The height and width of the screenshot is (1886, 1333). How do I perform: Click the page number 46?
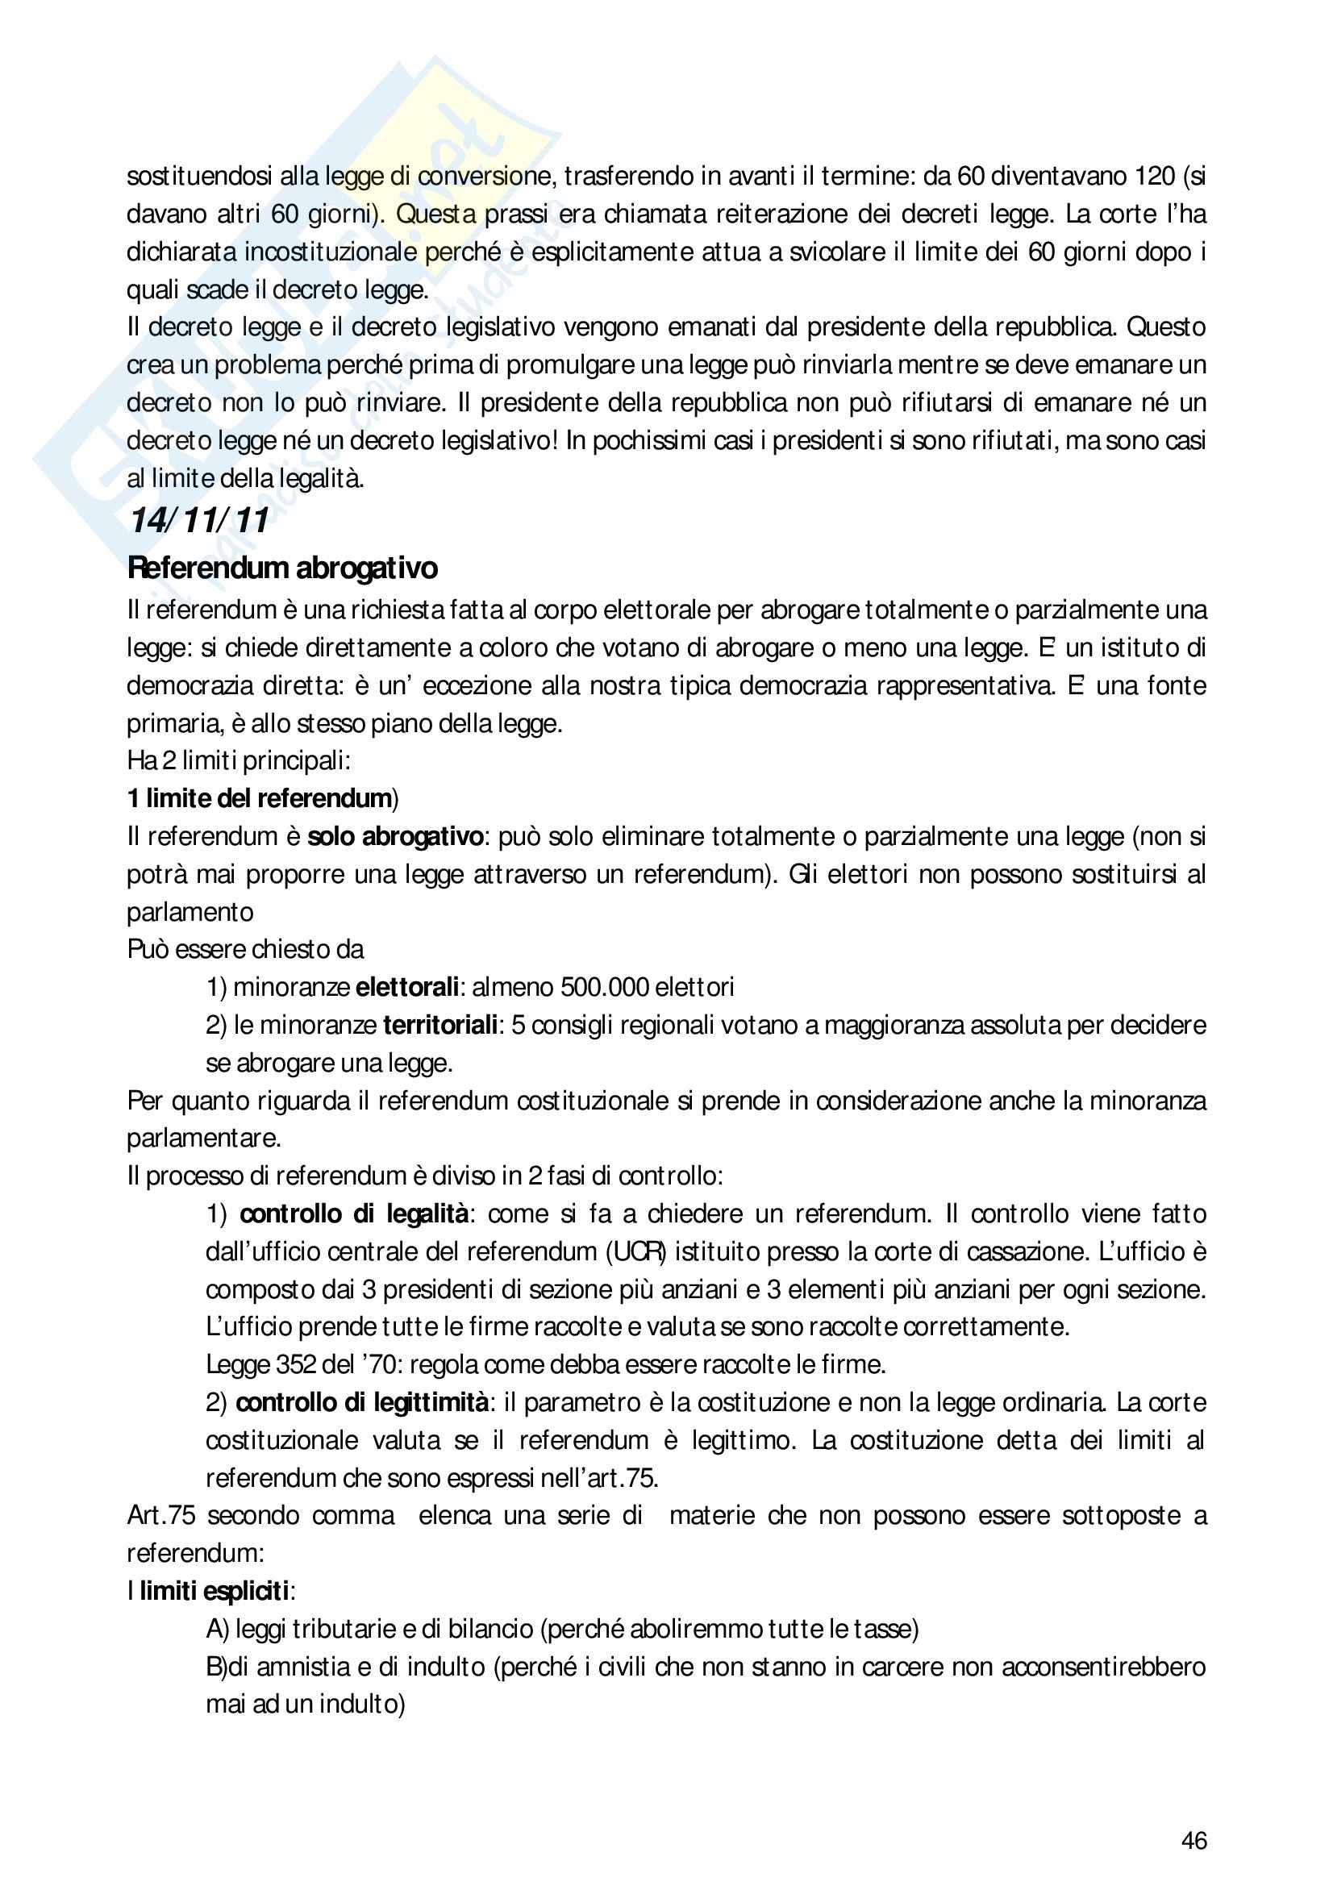coord(1193,1841)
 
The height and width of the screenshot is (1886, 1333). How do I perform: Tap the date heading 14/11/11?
coord(198,521)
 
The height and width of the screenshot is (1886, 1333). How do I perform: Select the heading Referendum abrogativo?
coord(282,568)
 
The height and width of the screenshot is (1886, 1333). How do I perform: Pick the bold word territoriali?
coord(440,1025)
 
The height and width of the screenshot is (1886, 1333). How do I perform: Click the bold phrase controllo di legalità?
coord(355,1214)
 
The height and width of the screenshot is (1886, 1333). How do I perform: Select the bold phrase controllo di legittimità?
coord(361,1402)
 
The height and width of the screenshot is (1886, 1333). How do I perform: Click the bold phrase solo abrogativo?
coord(395,836)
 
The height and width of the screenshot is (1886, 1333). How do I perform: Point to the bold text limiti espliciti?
coord(215,1591)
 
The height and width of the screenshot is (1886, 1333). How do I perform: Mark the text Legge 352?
coord(260,1364)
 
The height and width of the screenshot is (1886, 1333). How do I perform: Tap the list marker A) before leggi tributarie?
coord(217,1629)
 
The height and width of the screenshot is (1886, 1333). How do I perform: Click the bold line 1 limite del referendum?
coord(260,798)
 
